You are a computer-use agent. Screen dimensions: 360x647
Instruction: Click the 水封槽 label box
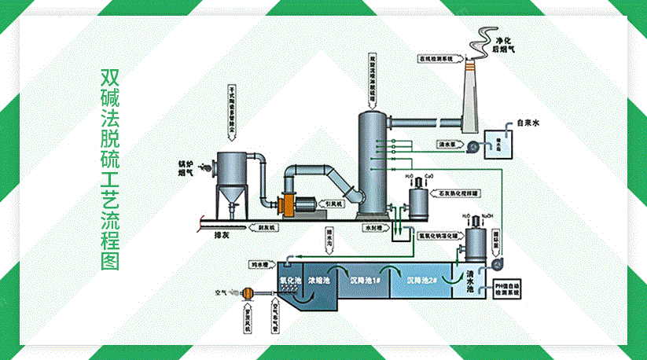(x=372, y=228)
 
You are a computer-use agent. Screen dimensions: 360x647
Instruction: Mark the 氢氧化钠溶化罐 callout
(x=438, y=235)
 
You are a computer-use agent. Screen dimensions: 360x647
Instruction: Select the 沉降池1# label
(x=367, y=280)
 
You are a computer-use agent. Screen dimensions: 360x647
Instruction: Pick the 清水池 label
(x=471, y=282)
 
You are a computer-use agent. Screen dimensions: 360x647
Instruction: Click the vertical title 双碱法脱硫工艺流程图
(x=110, y=170)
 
